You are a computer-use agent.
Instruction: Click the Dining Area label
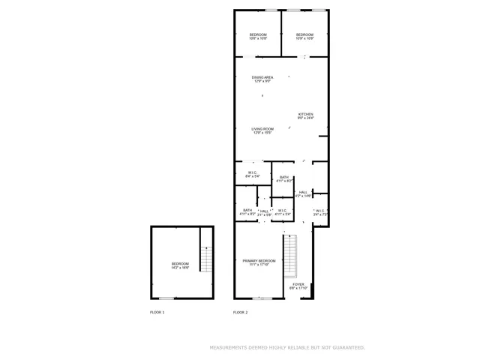coord(262,76)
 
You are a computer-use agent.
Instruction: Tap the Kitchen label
coord(305,114)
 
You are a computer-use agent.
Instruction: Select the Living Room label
coord(262,129)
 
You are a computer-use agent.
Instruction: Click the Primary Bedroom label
coord(259,260)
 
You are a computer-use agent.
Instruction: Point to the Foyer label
coord(298,284)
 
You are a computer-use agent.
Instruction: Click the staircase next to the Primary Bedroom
coord(290,256)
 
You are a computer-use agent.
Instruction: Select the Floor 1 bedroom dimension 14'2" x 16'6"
coord(180,267)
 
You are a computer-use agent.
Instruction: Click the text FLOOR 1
coord(157,312)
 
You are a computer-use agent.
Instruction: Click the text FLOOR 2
coord(240,312)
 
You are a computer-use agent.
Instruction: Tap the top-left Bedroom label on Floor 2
coord(258,35)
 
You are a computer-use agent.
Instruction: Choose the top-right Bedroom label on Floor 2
coord(304,35)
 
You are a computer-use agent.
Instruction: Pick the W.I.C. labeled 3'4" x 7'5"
coord(320,214)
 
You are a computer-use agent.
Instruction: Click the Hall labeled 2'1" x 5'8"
coord(264,214)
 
